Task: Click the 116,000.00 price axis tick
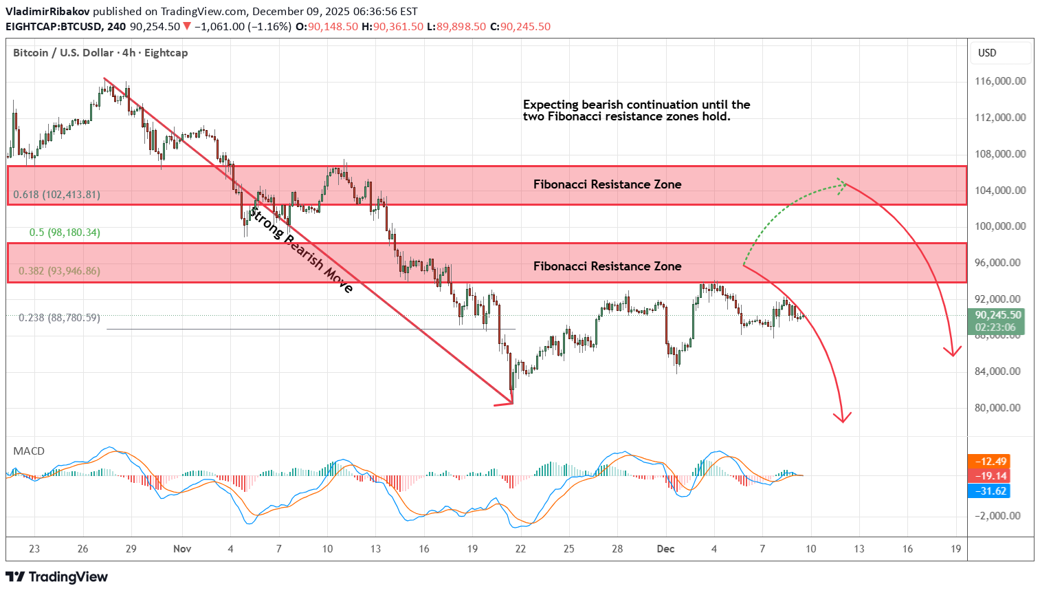pos(1000,81)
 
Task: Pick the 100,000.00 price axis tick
pos(1000,226)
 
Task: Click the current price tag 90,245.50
pos(998,315)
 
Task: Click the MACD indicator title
pos(29,451)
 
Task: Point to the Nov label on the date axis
pos(182,549)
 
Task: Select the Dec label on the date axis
pos(665,549)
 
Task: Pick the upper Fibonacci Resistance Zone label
pos(607,184)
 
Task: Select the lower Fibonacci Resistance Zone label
pos(607,266)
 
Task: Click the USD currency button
pos(987,53)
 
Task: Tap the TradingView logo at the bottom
pos(57,577)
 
